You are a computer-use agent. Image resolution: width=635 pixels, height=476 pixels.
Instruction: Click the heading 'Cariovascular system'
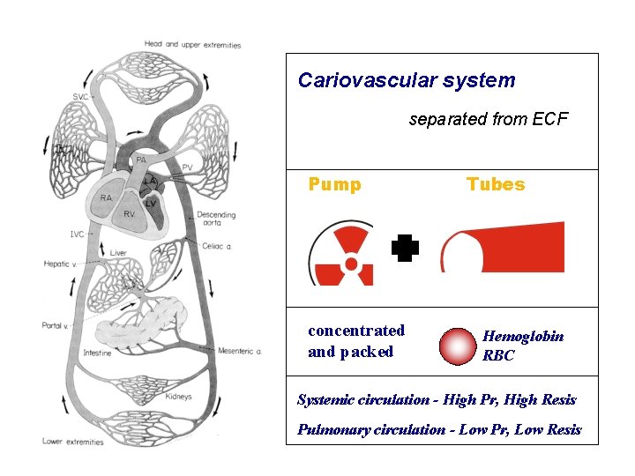(407, 80)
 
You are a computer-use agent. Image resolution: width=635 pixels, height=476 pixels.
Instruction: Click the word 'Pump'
(334, 184)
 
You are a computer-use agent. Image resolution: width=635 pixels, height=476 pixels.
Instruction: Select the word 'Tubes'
(495, 184)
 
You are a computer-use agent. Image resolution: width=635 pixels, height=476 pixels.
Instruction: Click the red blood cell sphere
(458, 346)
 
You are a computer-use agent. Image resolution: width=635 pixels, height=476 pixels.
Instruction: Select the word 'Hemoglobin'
(523, 336)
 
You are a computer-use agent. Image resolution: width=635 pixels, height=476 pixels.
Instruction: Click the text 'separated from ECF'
(489, 119)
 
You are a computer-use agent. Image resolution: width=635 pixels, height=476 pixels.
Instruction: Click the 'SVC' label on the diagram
(80, 96)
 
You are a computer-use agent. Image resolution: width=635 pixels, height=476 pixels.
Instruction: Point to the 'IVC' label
(77, 234)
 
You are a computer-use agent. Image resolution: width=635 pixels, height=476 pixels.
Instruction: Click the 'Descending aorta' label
(216, 219)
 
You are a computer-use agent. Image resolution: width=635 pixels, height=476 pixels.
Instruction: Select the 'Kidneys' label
(177, 397)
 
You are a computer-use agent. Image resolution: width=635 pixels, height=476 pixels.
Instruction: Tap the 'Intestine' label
(97, 353)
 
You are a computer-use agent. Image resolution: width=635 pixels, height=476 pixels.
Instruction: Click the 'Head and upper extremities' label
(191, 44)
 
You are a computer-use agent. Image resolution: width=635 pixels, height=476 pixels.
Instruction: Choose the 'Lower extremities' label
(73, 442)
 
